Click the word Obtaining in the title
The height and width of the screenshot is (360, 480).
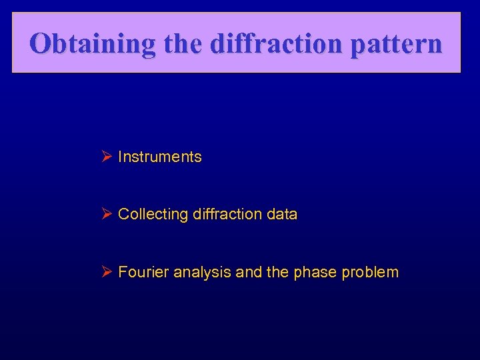click(x=92, y=44)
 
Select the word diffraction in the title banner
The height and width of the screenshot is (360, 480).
click(x=271, y=44)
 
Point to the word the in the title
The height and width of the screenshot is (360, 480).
click(x=182, y=44)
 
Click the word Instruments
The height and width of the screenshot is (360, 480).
click(x=159, y=157)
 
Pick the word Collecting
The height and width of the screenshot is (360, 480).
click(x=153, y=215)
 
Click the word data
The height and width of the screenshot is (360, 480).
click(x=281, y=215)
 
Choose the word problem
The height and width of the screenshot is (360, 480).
click(x=370, y=272)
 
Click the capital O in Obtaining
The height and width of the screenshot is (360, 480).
click(x=41, y=44)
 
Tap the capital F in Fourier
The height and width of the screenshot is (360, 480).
click(x=122, y=272)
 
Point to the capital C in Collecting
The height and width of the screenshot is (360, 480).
click(x=123, y=215)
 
